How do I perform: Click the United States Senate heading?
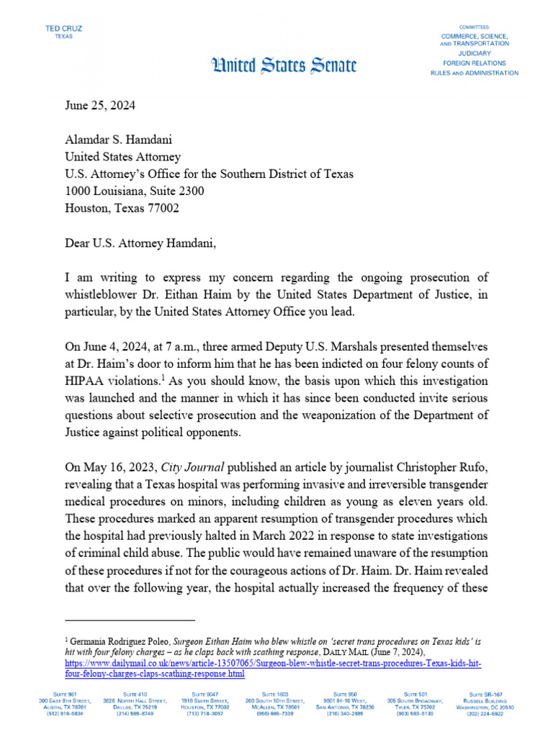[282, 66]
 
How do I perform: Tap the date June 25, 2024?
[99, 105]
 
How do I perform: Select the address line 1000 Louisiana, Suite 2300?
[135, 191]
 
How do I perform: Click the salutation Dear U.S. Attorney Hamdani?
[140, 243]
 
